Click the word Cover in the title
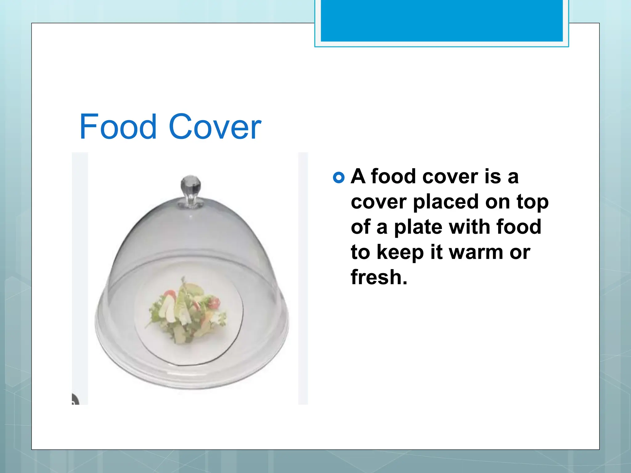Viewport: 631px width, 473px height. [x=215, y=127]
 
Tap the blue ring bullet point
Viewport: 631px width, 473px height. [x=339, y=178]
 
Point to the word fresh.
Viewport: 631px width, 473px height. [x=379, y=277]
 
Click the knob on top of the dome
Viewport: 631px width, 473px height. [x=190, y=187]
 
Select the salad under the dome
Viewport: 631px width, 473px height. [x=187, y=311]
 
